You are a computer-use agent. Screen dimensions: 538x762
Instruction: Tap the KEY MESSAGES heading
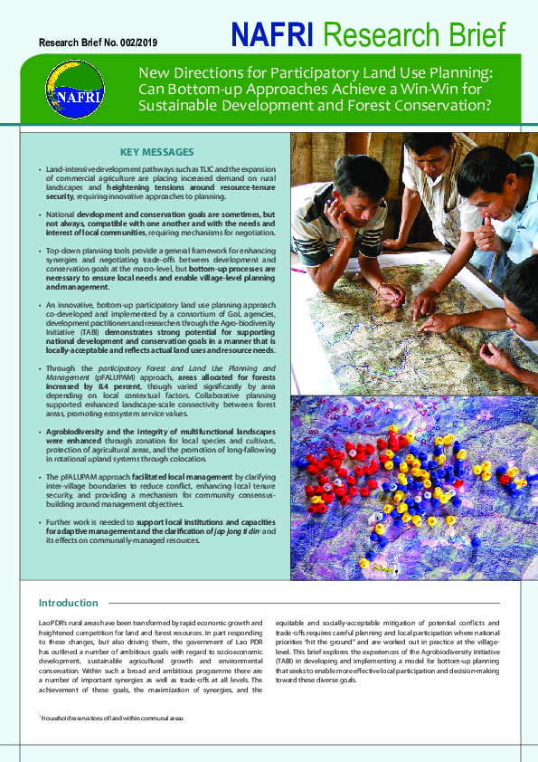coord(157,151)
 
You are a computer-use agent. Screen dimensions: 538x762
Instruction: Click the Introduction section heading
coord(69,603)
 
